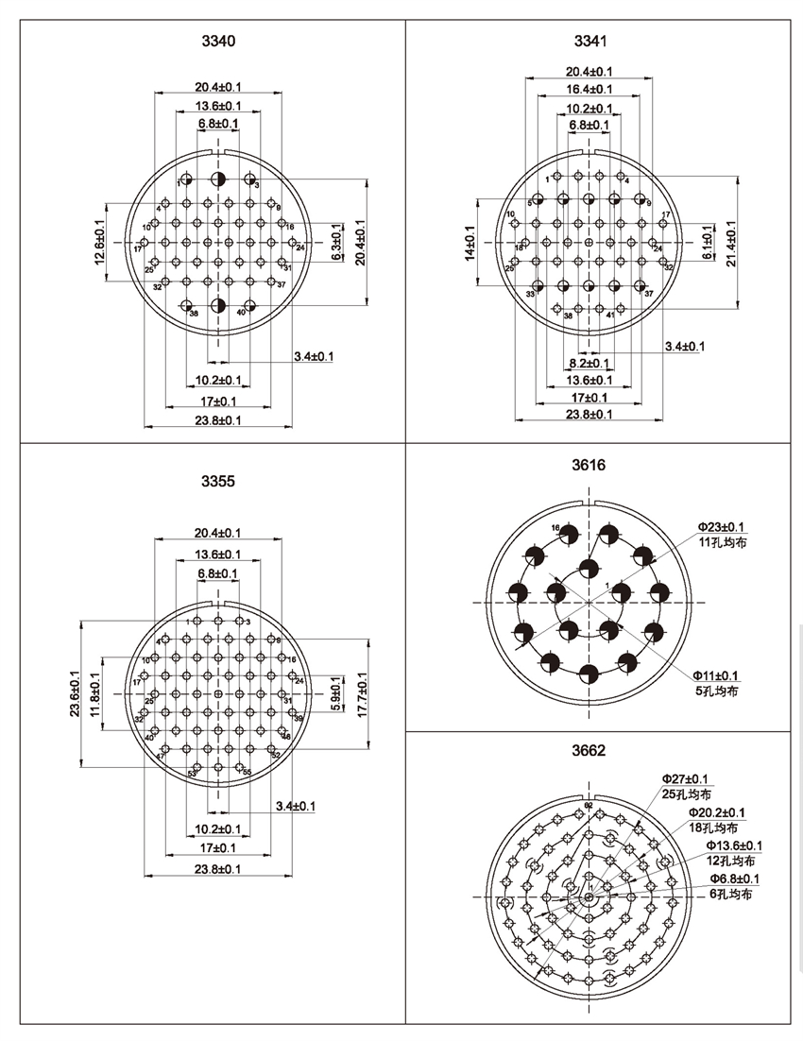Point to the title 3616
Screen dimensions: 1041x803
(x=589, y=465)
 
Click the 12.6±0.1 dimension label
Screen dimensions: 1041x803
(x=100, y=241)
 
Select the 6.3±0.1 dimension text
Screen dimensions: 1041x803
(x=336, y=243)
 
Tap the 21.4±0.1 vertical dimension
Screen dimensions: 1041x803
(x=732, y=243)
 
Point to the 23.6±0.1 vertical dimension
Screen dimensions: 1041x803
(x=75, y=694)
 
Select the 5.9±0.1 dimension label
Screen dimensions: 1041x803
(x=336, y=694)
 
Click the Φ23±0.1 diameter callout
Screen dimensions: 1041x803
(x=721, y=527)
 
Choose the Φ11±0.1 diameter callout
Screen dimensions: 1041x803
(x=715, y=675)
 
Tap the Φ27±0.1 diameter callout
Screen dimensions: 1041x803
(x=686, y=777)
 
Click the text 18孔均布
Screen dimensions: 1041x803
(x=711, y=828)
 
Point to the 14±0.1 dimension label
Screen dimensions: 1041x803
(x=470, y=243)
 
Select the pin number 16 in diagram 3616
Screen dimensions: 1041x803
(x=556, y=527)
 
